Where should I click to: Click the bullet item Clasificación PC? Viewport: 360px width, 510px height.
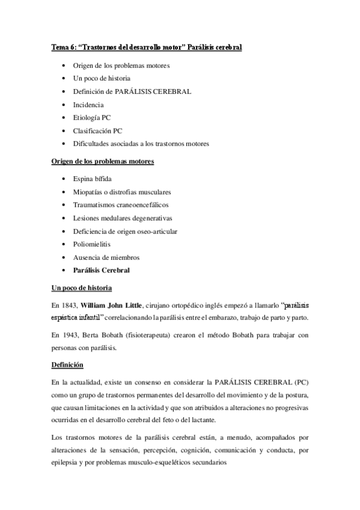click(97, 130)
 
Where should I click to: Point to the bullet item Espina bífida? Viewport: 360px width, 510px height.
click(91, 179)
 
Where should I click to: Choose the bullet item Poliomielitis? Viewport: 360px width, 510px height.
click(92, 244)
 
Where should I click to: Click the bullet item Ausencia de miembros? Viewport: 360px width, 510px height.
click(106, 257)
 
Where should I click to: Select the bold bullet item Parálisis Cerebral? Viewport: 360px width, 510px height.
click(101, 270)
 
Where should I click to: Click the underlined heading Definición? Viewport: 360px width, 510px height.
click(67, 364)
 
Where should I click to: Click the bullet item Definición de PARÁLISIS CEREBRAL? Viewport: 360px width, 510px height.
click(132, 91)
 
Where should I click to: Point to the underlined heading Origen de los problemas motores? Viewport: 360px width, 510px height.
click(102, 162)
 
